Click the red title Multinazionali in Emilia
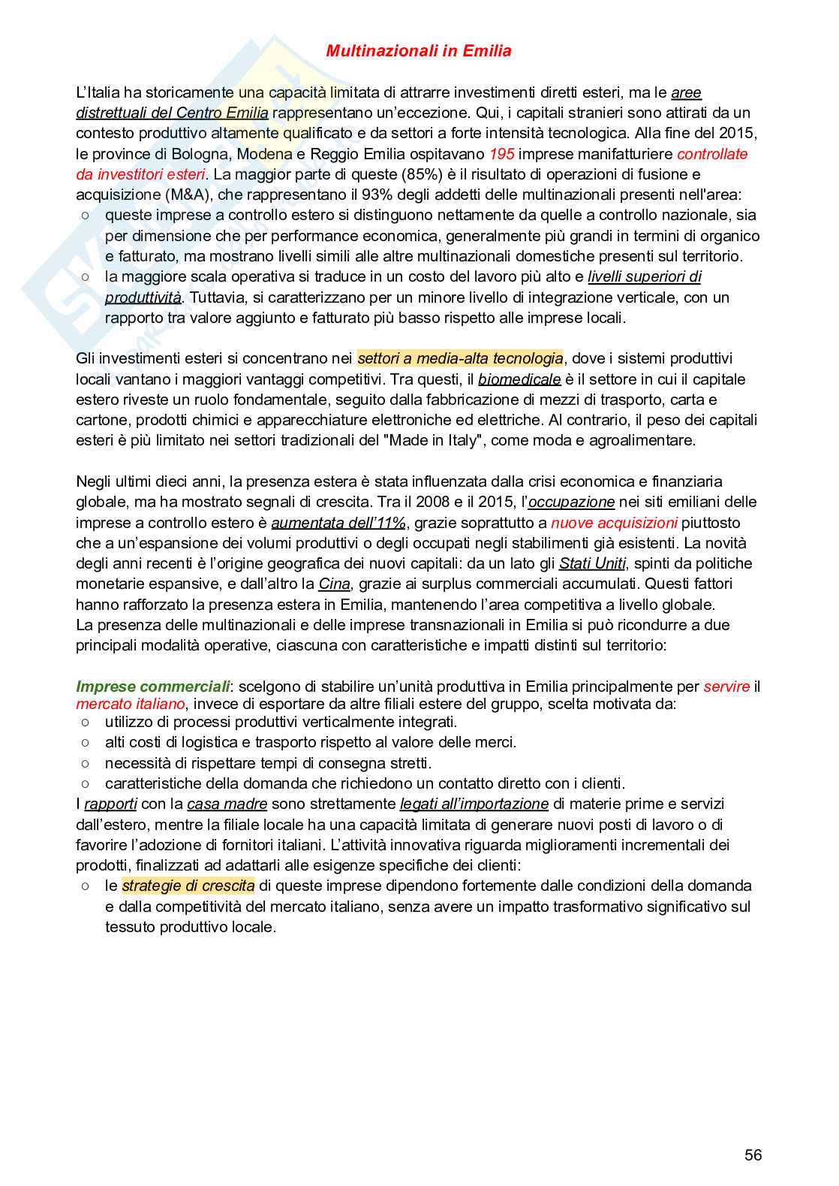point(419,51)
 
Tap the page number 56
point(753,1155)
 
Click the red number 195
point(501,154)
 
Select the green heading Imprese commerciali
point(153,687)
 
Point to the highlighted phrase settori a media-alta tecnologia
point(460,359)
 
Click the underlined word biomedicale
point(519,379)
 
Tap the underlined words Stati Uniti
point(592,563)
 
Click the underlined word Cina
point(334,584)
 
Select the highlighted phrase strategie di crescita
point(188,886)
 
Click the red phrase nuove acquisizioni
point(614,523)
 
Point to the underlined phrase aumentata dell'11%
point(338,523)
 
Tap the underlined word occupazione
point(571,502)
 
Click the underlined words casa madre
point(227,804)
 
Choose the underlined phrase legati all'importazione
point(474,804)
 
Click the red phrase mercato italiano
point(130,705)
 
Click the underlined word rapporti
point(110,804)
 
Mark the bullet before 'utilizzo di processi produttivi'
point(86,722)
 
